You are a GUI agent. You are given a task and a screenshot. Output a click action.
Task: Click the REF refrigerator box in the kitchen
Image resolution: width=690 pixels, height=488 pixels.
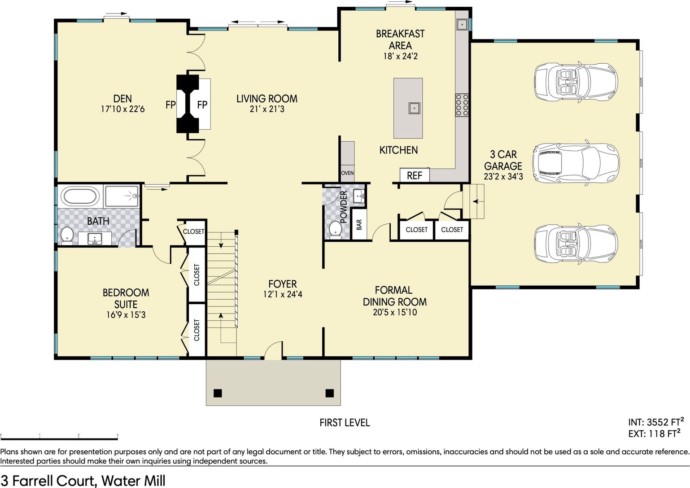click(x=415, y=175)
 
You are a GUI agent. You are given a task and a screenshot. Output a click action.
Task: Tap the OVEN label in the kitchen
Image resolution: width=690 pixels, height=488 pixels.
click(x=347, y=173)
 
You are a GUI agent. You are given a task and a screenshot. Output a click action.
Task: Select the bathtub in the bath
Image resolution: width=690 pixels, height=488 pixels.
click(x=80, y=196)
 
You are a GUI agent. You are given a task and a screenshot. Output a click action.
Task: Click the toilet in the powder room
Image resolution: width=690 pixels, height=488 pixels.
click(x=335, y=231)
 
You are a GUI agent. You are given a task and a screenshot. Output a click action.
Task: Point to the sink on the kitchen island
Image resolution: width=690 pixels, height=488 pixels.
click(x=414, y=108)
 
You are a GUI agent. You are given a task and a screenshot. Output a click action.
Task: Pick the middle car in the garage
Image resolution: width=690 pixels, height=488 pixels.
click(x=576, y=162)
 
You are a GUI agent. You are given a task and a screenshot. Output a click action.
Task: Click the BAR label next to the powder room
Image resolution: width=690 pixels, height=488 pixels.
click(x=359, y=225)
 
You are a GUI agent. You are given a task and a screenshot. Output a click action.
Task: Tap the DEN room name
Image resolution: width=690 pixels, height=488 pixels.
click(x=122, y=99)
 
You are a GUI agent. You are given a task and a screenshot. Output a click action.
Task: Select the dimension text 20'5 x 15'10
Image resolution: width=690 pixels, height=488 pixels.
click(x=395, y=312)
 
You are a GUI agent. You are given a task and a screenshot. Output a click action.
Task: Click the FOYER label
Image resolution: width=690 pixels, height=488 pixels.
click(x=283, y=283)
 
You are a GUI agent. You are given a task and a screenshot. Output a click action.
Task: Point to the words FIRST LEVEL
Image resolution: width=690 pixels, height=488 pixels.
click(x=345, y=423)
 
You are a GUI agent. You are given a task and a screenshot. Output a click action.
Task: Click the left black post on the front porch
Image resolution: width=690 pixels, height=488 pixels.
click(x=218, y=393)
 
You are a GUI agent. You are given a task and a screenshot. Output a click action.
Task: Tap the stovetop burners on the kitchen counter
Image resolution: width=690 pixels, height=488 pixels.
click(x=462, y=105)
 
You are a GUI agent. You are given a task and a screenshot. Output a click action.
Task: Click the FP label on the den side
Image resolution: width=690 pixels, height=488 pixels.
click(x=170, y=105)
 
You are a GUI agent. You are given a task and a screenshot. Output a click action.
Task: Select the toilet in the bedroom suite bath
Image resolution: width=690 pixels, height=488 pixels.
click(x=66, y=235)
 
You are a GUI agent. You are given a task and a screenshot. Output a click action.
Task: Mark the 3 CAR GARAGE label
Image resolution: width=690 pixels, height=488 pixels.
click(x=503, y=160)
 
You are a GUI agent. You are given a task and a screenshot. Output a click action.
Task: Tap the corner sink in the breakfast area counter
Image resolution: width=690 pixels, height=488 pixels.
click(x=463, y=24)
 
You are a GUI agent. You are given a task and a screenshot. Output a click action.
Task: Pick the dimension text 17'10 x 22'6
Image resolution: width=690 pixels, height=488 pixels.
click(x=122, y=109)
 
